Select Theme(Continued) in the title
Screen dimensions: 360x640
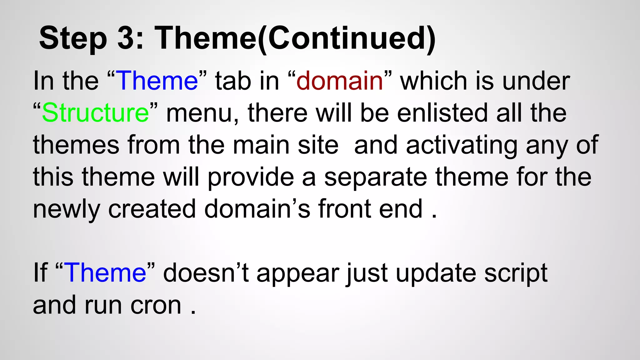[x=295, y=38]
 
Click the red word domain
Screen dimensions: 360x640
[x=340, y=81]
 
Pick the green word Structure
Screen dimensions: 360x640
[x=96, y=113]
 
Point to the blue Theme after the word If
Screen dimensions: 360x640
[x=106, y=272]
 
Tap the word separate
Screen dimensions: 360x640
[x=376, y=177]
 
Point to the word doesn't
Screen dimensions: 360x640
[x=206, y=272]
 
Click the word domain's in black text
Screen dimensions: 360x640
[x=257, y=209]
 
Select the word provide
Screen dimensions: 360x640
[x=251, y=177]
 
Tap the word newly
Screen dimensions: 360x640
[x=66, y=209]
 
